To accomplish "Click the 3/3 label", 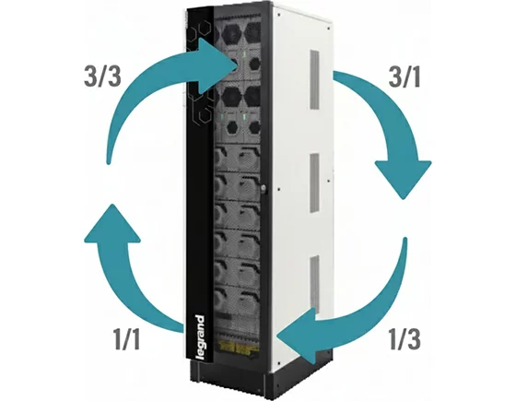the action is click(x=102, y=76).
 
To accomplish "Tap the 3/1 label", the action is click(x=405, y=77).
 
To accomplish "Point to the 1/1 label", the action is click(x=127, y=338).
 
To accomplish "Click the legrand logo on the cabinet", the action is click(x=200, y=338).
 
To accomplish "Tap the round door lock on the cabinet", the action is click(x=263, y=188).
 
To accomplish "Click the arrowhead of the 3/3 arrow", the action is click(x=218, y=65).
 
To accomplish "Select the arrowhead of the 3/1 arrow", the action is click(x=404, y=180).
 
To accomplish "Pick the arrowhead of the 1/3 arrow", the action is click(x=297, y=336).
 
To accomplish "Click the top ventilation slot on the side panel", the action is click(x=314, y=79).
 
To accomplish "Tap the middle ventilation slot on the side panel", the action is click(x=314, y=183).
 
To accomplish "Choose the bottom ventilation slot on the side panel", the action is click(x=314, y=284).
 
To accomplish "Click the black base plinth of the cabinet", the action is click(x=264, y=379).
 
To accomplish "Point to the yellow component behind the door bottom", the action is click(x=238, y=347).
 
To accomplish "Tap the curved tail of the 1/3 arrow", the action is click(x=372, y=306).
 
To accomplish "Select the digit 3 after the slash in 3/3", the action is click(x=112, y=76).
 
